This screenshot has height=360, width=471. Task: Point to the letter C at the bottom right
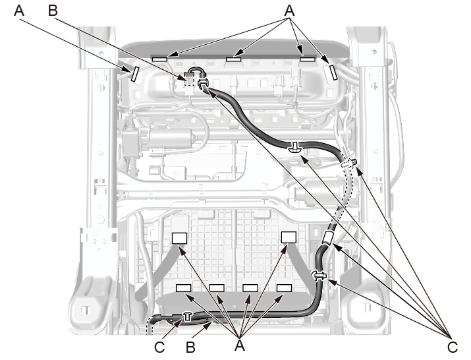[x=451, y=347]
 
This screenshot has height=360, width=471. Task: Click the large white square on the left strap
[x=180, y=237]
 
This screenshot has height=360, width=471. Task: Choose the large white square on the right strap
[x=289, y=237]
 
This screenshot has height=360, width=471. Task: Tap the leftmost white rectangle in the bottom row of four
[x=183, y=288]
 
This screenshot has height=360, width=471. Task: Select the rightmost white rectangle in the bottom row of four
[x=284, y=288]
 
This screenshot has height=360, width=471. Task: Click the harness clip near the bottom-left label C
[x=186, y=317]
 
